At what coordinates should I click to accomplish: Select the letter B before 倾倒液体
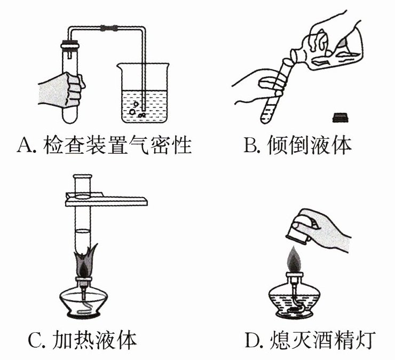(x=250, y=144)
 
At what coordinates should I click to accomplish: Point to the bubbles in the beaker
(x=137, y=109)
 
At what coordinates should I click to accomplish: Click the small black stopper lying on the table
(x=338, y=116)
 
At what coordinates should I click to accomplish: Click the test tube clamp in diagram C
(x=107, y=200)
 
